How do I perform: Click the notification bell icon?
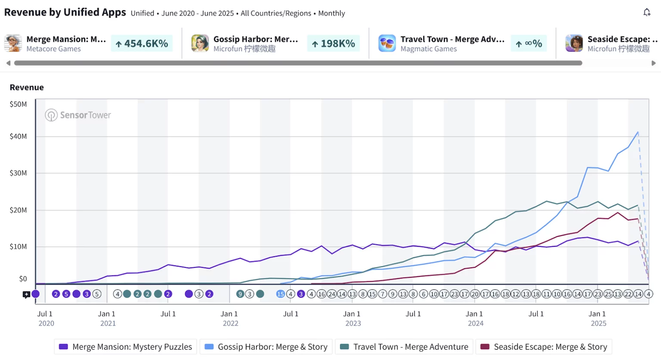[x=647, y=12]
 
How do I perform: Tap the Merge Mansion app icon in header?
[x=13, y=43]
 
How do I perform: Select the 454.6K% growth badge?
[x=142, y=43]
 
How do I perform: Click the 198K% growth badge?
[x=334, y=43]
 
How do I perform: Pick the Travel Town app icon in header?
[x=387, y=43]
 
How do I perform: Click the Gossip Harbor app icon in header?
[x=200, y=43]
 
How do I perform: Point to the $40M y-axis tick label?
[x=18, y=137]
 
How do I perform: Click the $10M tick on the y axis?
[x=18, y=247]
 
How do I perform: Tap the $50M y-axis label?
[x=18, y=104]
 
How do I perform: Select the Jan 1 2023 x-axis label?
[x=353, y=319]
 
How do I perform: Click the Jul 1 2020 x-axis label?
[x=46, y=319]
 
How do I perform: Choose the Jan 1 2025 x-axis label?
[x=598, y=319]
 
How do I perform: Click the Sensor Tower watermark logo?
[x=78, y=115]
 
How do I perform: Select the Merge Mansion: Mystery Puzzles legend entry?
[x=126, y=347]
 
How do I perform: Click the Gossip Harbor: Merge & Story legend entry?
[x=266, y=347]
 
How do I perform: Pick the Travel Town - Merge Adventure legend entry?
[x=404, y=347]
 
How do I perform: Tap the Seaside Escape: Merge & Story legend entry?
[x=544, y=347]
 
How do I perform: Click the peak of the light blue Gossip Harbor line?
[x=638, y=132]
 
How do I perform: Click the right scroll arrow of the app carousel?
[x=654, y=63]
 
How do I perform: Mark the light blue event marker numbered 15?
[x=281, y=294]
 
